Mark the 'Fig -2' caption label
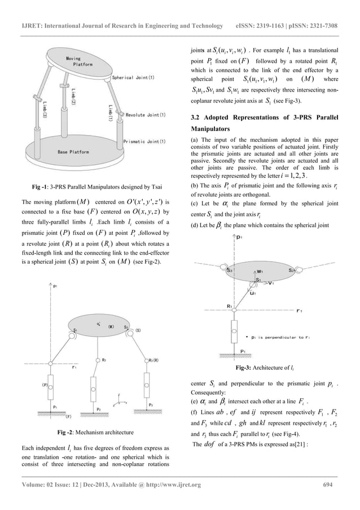(69, 433)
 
